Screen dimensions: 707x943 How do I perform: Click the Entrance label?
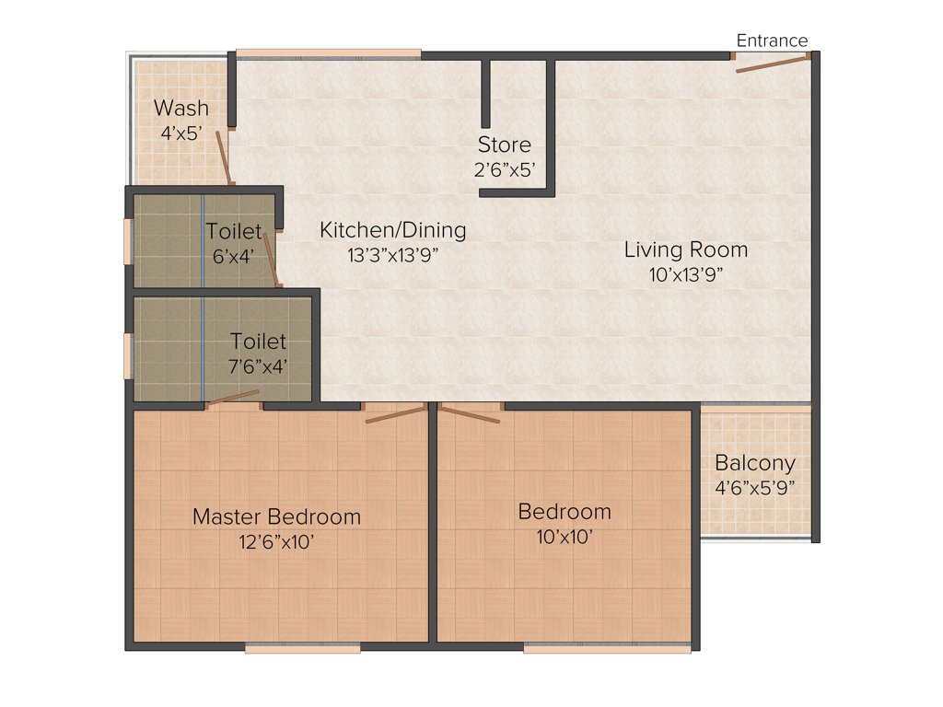pos(772,41)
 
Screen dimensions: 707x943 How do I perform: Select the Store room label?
pos(504,145)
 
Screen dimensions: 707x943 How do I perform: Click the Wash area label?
pos(180,109)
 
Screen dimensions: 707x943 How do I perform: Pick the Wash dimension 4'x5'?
pos(180,133)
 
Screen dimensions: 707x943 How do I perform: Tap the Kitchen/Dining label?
pos(392,230)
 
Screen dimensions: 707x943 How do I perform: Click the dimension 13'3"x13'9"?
pos(392,256)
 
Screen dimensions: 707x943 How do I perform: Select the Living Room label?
pos(685,249)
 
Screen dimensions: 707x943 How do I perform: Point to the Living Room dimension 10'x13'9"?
pos(685,274)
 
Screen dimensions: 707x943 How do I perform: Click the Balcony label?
pos(755,463)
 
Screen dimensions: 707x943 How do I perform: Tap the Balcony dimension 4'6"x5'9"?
pos(755,488)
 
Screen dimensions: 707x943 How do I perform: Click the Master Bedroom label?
pos(276,516)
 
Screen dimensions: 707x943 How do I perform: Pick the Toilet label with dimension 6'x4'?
pos(233,231)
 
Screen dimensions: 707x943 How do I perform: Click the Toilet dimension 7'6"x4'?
pos(258,365)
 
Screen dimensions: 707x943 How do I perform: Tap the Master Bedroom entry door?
pos(396,414)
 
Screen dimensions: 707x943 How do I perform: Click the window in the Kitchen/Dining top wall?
pos(328,52)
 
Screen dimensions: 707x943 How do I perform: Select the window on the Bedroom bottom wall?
pos(607,648)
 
